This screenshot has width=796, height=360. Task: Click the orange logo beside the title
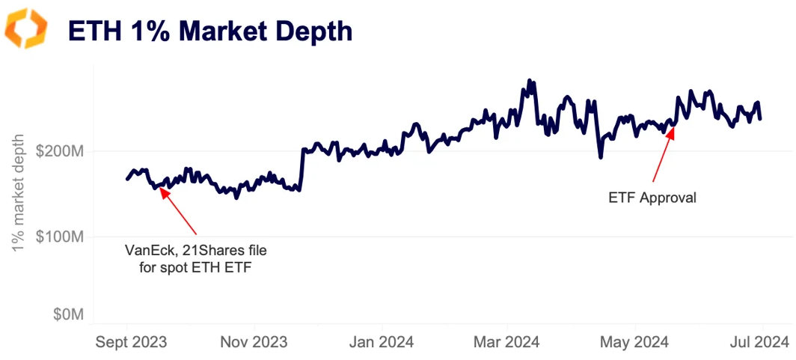[26, 28]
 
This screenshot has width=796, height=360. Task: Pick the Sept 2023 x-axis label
[131, 343]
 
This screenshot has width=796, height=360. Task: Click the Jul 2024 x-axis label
[759, 343]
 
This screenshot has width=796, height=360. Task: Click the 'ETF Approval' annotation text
[652, 198]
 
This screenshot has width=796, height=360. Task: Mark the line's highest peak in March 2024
[530, 80]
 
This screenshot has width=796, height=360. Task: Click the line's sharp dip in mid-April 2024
[600, 157]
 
